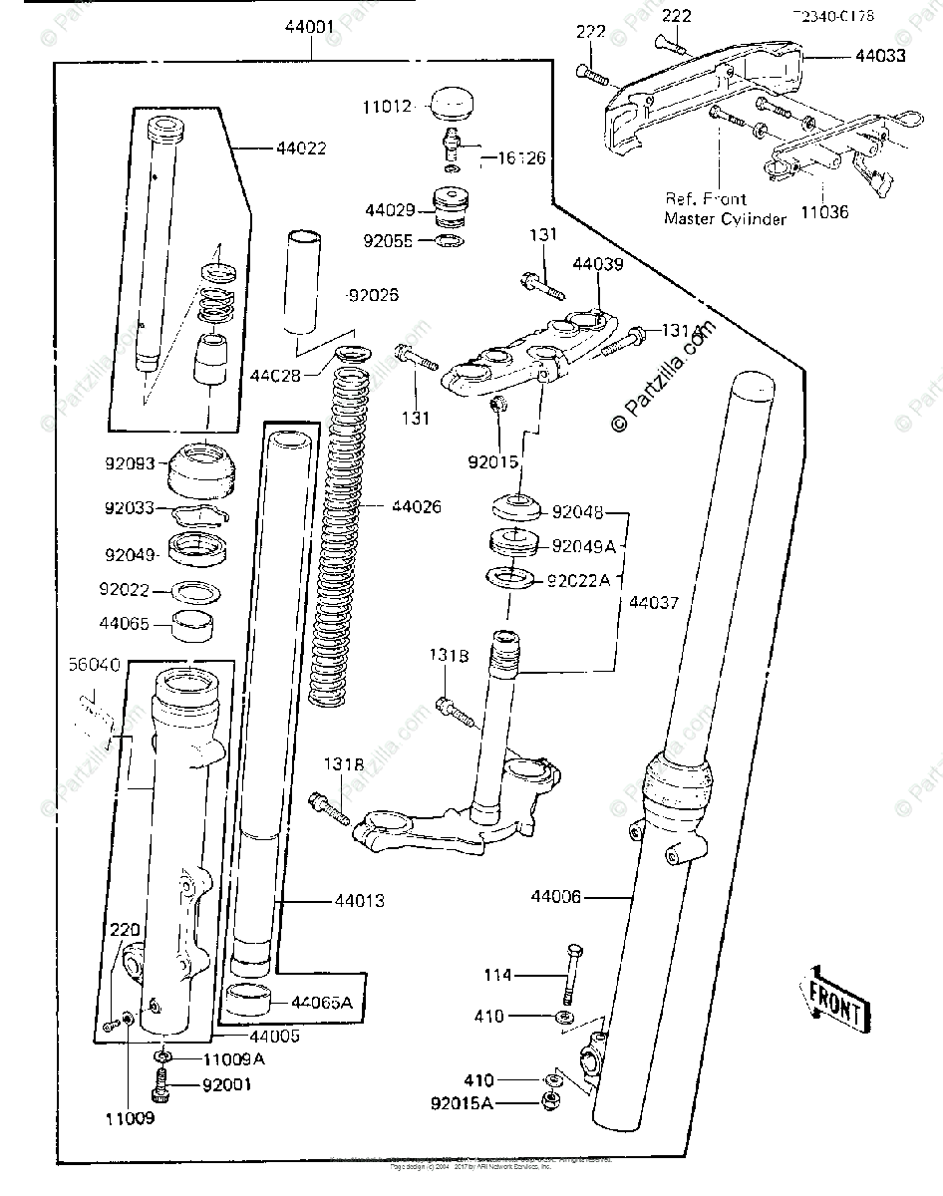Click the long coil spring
click(343, 538)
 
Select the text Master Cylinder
click(725, 218)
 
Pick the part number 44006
click(555, 897)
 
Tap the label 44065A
click(321, 1002)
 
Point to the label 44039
click(597, 264)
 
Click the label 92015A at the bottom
click(466, 1103)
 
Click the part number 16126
click(521, 157)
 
